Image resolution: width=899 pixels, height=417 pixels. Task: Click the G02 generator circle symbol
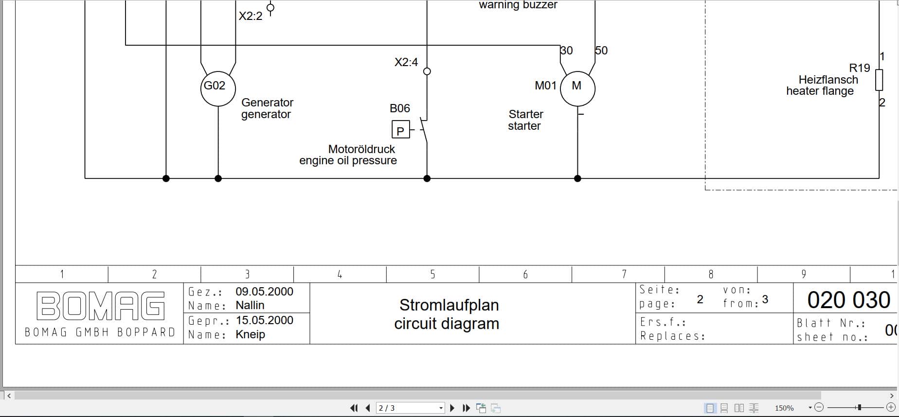point(218,88)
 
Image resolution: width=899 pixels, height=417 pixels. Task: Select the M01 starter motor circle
point(577,88)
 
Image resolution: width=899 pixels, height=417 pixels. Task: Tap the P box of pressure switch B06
point(400,130)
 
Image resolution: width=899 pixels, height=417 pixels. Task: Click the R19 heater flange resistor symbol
point(879,80)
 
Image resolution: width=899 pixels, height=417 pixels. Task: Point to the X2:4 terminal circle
point(427,71)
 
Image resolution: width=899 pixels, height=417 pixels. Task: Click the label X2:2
point(250,16)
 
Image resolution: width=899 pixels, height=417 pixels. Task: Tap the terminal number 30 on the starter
point(567,51)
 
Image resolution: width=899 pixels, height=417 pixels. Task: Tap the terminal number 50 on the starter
point(602,51)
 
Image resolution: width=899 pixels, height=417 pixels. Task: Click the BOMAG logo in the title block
point(101,306)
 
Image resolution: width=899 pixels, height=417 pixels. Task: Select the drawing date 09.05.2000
point(264,292)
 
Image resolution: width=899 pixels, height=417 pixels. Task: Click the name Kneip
point(250,334)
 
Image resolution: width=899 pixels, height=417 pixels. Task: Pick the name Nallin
point(250,305)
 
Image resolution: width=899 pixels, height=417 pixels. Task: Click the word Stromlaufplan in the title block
point(449,305)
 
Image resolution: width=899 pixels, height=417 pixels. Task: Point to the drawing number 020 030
point(848,300)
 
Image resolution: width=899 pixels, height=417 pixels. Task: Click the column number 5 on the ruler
point(432,275)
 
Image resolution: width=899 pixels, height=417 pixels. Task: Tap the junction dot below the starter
point(577,178)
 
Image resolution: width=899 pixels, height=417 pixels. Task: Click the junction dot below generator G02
point(218,178)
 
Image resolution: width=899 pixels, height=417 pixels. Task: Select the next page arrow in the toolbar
point(452,408)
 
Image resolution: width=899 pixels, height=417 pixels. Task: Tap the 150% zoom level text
point(784,408)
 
